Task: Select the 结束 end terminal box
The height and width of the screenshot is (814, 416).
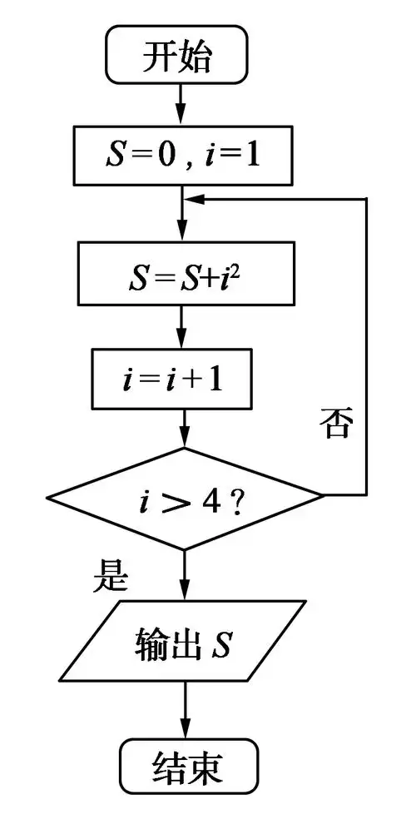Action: tap(188, 769)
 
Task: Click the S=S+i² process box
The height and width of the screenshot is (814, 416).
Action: tap(182, 272)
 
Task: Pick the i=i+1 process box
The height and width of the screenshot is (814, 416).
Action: tap(182, 380)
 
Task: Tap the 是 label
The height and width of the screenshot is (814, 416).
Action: tap(111, 575)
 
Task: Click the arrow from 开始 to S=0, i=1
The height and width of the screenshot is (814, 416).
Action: tap(182, 105)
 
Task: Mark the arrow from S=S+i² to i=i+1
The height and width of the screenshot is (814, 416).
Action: tap(182, 328)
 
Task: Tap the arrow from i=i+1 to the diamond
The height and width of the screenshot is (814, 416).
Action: tap(182, 429)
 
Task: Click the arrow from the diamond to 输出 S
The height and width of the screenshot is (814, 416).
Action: tap(184, 574)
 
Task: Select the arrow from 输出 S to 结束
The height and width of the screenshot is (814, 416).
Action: tap(184, 712)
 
